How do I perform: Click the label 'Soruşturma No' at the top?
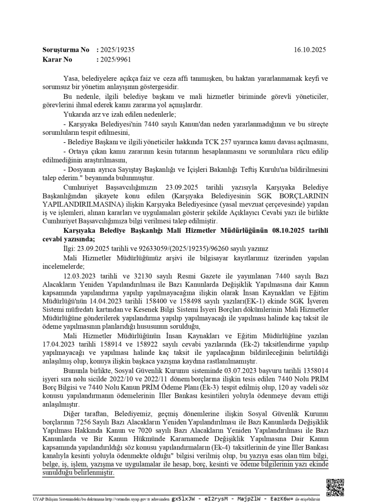(x=66, y=50)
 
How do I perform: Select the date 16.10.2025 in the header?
(x=310, y=50)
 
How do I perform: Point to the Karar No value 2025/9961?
(x=115, y=60)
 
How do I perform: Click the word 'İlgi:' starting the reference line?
(x=71, y=249)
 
